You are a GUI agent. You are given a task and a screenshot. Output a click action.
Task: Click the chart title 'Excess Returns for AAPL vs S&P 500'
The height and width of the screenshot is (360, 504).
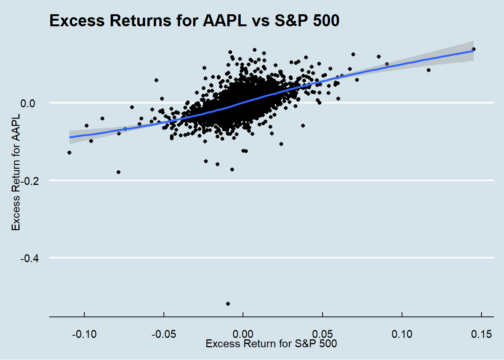click(194, 21)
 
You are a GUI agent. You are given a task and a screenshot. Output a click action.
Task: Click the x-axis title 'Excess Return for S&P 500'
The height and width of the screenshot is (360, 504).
click(271, 343)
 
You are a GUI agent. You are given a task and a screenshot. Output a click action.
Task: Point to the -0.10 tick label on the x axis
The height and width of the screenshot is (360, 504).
click(84, 334)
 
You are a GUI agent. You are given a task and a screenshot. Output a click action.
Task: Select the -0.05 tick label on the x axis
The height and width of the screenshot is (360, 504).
click(163, 334)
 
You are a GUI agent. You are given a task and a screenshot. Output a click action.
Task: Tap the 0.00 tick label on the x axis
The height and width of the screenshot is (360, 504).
click(243, 334)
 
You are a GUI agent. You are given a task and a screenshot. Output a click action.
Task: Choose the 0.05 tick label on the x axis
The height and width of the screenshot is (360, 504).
click(322, 334)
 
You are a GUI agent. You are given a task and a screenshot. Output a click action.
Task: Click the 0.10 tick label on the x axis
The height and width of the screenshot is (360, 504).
click(402, 334)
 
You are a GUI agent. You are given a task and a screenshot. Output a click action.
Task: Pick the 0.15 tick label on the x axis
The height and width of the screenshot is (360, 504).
click(481, 334)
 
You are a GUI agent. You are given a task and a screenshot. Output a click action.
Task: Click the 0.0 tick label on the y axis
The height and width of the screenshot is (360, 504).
click(27, 103)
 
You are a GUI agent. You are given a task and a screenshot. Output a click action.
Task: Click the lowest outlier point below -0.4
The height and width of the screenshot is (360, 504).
click(228, 304)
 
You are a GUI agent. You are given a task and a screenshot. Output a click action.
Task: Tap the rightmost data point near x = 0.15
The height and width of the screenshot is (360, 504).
click(474, 49)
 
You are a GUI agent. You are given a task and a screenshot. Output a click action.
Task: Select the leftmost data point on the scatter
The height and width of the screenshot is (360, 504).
click(69, 153)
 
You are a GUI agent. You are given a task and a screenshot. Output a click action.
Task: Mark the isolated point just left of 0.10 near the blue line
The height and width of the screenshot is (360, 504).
click(387, 64)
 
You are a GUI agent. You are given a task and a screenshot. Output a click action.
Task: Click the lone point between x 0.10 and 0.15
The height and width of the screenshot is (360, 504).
click(429, 70)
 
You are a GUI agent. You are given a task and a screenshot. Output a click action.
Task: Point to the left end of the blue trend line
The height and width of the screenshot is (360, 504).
click(70, 137)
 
